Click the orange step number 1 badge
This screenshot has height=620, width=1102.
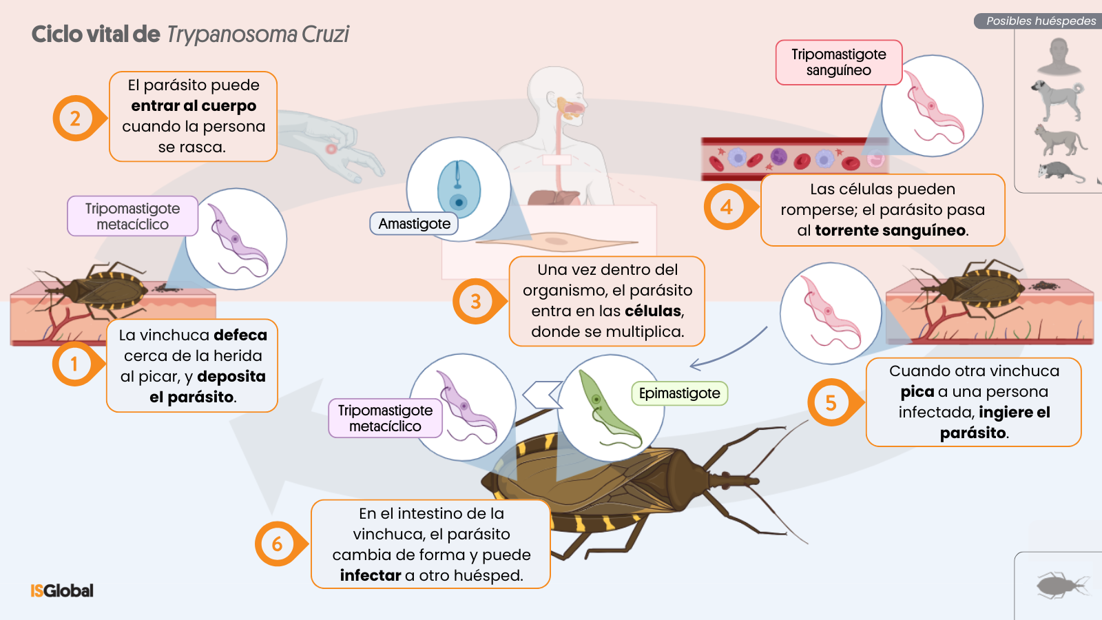pyautogui.click(x=74, y=364)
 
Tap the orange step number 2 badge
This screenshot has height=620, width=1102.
pyautogui.click(x=75, y=118)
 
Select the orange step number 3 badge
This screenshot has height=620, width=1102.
pyautogui.click(x=475, y=301)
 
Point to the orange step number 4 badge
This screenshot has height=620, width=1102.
pyautogui.click(x=726, y=207)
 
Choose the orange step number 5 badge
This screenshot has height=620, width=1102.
pyautogui.click(x=831, y=402)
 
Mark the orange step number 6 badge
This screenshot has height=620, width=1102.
pyautogui.click(x=277, y=544)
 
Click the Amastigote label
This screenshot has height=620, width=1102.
pyautogui.click(x=414, y=224)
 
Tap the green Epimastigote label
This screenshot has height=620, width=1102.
pyautogui.click(x=679, y=393)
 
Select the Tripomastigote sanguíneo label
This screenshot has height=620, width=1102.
pyautogui.click(x=838, y=63)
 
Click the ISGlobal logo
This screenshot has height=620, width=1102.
pyautogui.click(x=62, y=590)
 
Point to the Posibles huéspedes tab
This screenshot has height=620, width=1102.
pyautogui.click(x=1040, y=21)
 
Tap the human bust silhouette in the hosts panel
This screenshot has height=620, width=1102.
pyautogui.click(x=1059, y=56)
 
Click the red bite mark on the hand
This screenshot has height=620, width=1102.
pyautogui.click(x=331, y=149)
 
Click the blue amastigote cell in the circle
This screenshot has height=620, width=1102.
pyautogui.click(x=459, y=189)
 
